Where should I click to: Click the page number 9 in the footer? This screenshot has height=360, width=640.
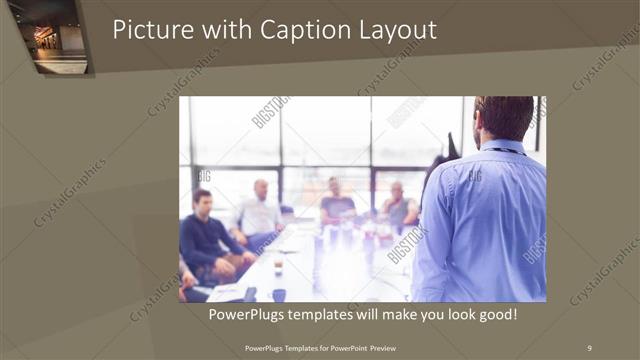589,347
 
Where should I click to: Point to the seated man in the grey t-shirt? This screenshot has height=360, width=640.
336,205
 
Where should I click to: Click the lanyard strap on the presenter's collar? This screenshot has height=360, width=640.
503,150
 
